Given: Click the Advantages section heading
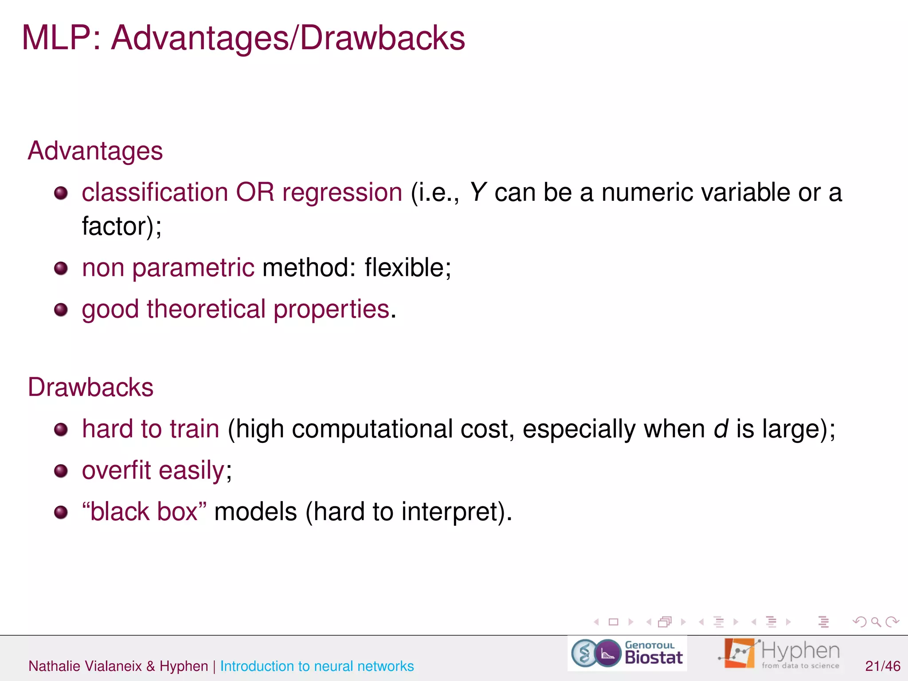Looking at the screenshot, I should (x=95, y=151).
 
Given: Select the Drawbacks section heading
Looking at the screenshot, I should (x=90, y=387).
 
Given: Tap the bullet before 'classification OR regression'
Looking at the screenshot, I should (x=61, y=193).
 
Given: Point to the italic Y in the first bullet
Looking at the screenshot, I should (x=477, y=192).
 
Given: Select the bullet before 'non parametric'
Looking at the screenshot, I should (x=61, y=268).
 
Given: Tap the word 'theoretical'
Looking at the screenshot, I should (x=206, y=309).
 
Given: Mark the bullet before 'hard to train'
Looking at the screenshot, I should (x=61, y=429).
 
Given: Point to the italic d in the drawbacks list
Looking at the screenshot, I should (x=721, y=429).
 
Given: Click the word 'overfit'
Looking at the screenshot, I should (x=117, y=470).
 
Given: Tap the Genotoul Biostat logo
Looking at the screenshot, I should (x=627, y=654).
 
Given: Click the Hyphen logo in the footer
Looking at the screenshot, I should (x=779, y=654).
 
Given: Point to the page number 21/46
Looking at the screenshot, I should (x=882, y=666).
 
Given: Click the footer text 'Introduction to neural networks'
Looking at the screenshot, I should (x=317, y=666).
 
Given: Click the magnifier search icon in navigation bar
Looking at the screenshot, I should (x=876, y=622).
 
